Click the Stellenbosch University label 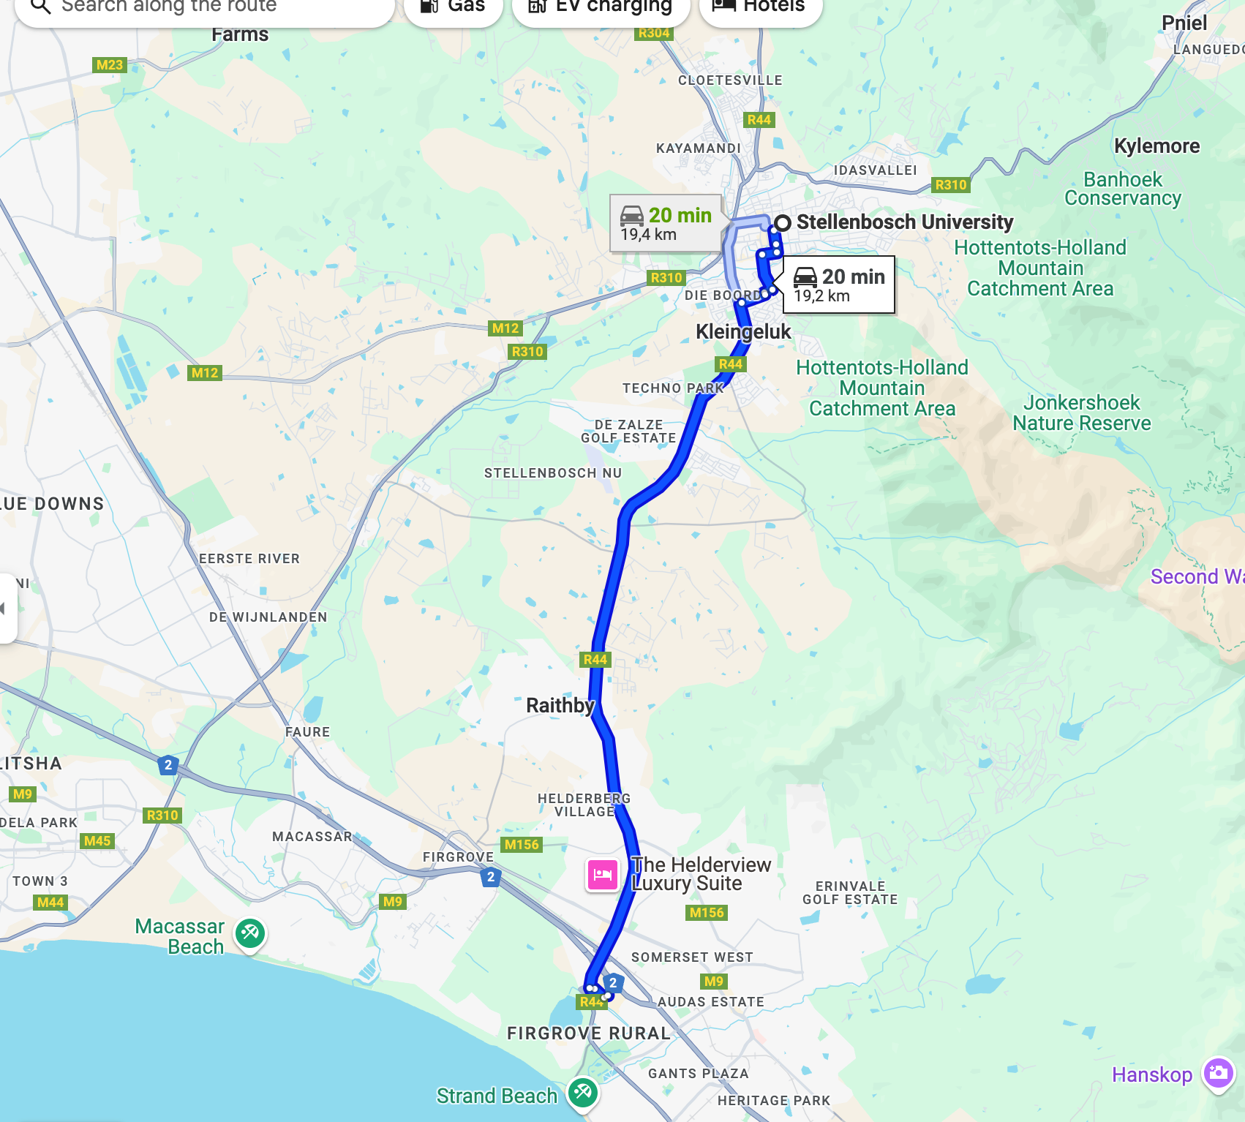(x=904, y=222)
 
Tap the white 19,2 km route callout (x=838, y=285)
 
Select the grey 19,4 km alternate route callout (x=666, y=224)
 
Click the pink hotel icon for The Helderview (x=603, y=875)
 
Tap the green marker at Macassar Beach (x=250, y=933)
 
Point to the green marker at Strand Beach (x=583, y=1093)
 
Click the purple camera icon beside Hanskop (x=1218, y=1074)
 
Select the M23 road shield (x=110, y=65)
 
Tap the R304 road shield (x=653, y=33)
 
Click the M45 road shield (x=97, y=841)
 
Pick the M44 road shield (x=50, y=903)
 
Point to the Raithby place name (x=560, y=706)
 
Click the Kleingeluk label (x=743, y=332)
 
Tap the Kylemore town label (x=1156, y=146)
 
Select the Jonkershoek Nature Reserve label (x=1081, y=413)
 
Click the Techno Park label (x=673, y=388)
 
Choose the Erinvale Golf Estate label (x=850, y=893)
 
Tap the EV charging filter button (x=601, y=7)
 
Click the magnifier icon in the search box (x=41, y=7)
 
